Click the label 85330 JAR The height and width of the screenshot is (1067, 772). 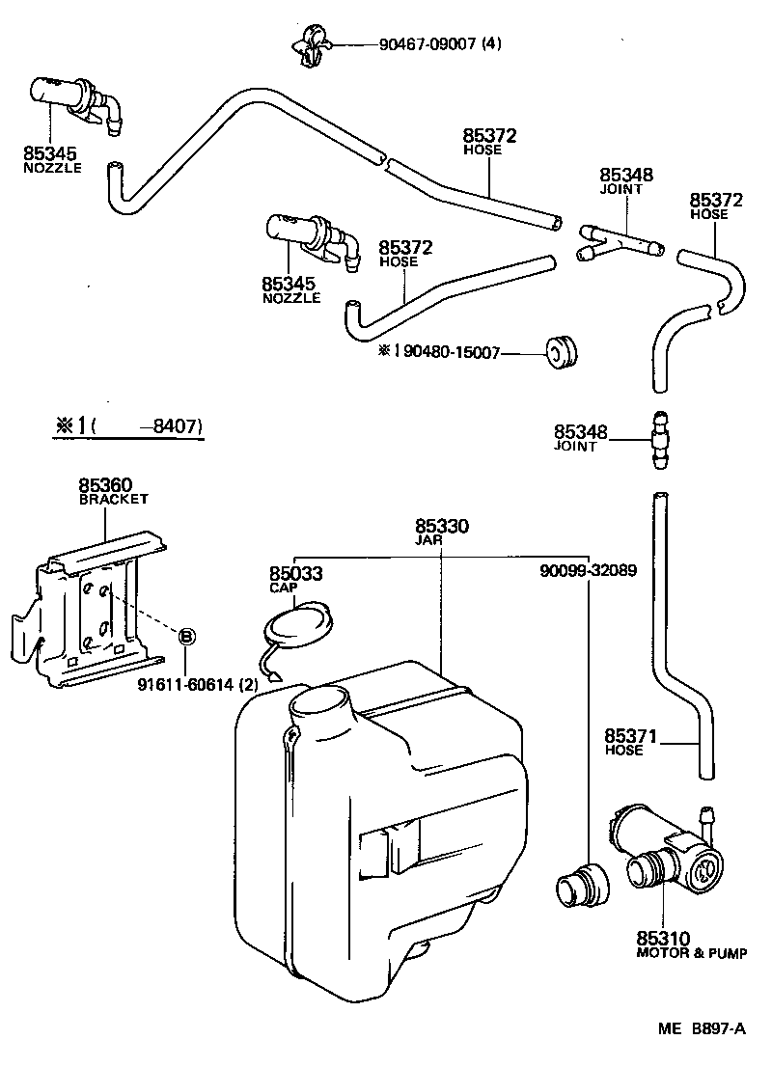coord(442,533)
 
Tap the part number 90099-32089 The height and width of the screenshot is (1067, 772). coord(588,570)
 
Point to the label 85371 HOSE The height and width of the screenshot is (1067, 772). coord(630,741)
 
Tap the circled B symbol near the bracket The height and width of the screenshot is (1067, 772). coord(187,635)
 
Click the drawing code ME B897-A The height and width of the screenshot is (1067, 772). coord(703,1028)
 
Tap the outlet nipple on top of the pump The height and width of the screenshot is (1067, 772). coord(709,815)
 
